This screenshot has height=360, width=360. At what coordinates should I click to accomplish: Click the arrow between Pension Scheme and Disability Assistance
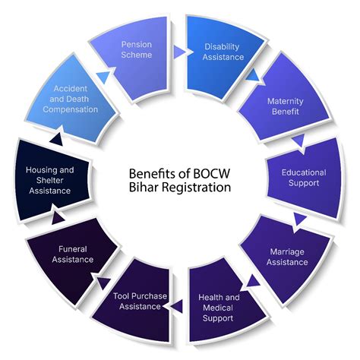[x=178, y=52]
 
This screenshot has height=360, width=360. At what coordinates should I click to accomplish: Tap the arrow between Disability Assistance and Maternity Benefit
[x=251, y=76]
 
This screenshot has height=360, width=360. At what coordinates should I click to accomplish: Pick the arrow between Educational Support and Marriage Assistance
[x=301, y=219]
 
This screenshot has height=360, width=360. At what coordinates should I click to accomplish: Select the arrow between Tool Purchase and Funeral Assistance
[x=99, y=284]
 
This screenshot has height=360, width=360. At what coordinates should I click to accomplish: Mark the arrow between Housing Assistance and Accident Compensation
[x=55, y=139]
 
